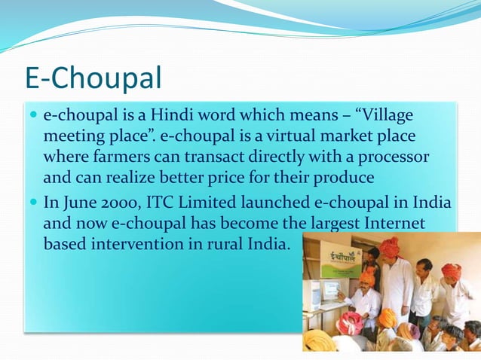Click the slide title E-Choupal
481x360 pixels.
tap(93, 78)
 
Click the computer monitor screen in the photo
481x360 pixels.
tap(329, 291)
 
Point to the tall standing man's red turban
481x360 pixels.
tap(390, 247)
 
